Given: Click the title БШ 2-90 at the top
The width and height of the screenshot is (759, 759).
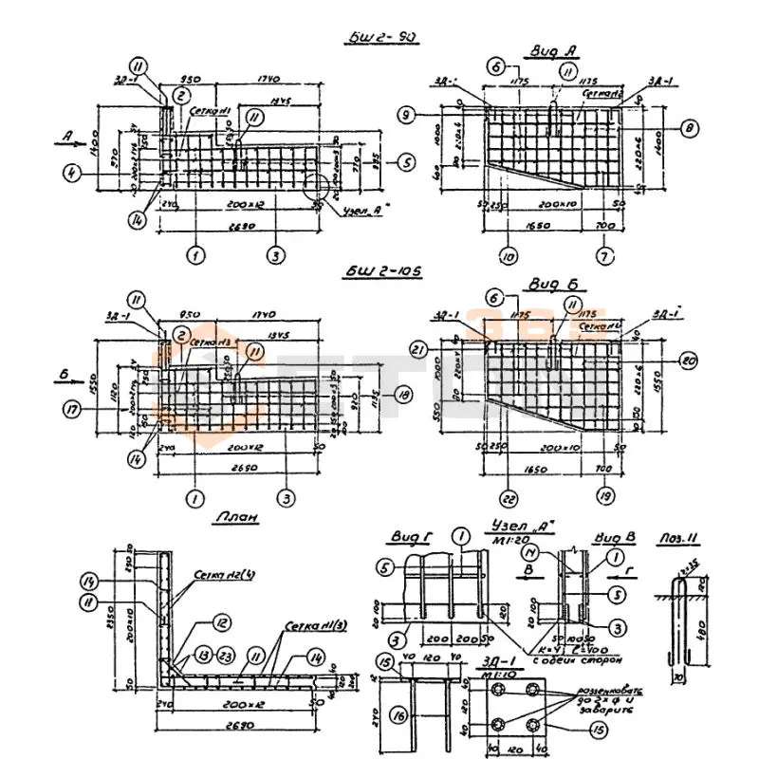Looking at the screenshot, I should pyautogui.click(x=383, y=39).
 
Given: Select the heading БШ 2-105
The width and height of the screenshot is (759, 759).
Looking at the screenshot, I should pyautogui.click(x=383, y=272).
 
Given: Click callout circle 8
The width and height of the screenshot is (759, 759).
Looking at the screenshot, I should pyautogui.click(x=690, y=125).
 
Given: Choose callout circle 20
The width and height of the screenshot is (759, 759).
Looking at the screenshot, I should pyautogui.click(x=690, y=361).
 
